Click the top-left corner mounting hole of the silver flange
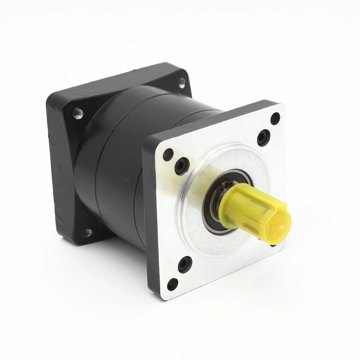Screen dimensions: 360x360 pyautogui.click(x=168, y=154)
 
